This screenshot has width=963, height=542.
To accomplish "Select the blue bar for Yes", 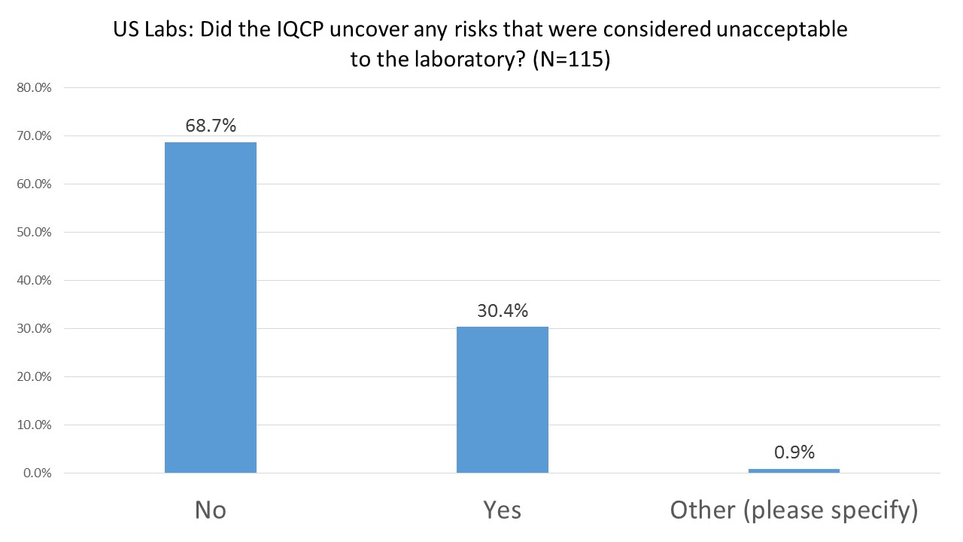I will click(x=502, y=400).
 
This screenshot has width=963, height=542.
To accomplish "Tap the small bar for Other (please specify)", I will click(x=794, y=470).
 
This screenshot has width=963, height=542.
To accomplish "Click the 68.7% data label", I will click(x=211, y=126).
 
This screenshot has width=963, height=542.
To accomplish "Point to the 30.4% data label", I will click(x=502, y=310).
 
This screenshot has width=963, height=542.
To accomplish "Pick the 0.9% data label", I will click(x=794, y=452).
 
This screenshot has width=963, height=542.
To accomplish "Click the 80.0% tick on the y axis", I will click(x=35, y=88).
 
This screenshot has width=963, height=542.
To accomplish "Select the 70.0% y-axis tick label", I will click(x=35, y=136).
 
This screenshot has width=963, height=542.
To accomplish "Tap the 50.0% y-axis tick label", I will click(x=35, y=233).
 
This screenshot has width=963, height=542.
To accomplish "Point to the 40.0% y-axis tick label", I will click(x=35, y=281).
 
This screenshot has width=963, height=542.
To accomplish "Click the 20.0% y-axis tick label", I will click(x=35, y=377).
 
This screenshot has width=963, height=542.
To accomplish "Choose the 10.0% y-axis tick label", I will click(x=35, y=425).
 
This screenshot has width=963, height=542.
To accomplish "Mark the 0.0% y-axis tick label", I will click(x=38, y=473).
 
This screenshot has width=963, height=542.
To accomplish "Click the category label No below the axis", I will click(x=211, y=510).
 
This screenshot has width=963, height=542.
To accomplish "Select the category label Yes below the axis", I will click(x=502, y=510).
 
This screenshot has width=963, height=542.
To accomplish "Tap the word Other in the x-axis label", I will click(x=701, y=510).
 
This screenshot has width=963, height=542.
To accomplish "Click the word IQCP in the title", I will click(x=287, y=31).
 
